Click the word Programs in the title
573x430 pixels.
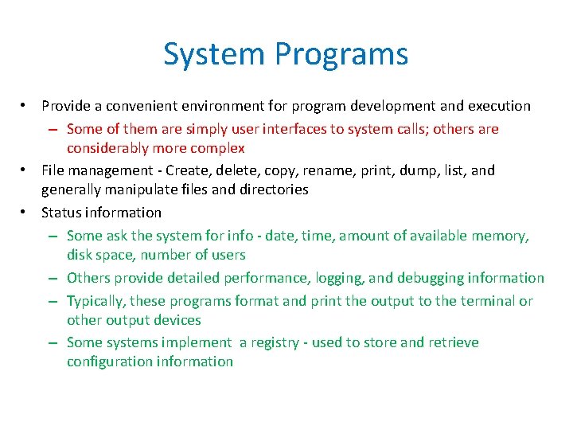[342, 54]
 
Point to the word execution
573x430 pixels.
[498, 106]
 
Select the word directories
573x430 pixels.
[271, 190]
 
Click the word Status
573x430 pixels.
[60, 213]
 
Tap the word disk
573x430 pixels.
[80, 255]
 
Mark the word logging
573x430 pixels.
[341, 278]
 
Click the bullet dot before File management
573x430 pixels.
[26, 170]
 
